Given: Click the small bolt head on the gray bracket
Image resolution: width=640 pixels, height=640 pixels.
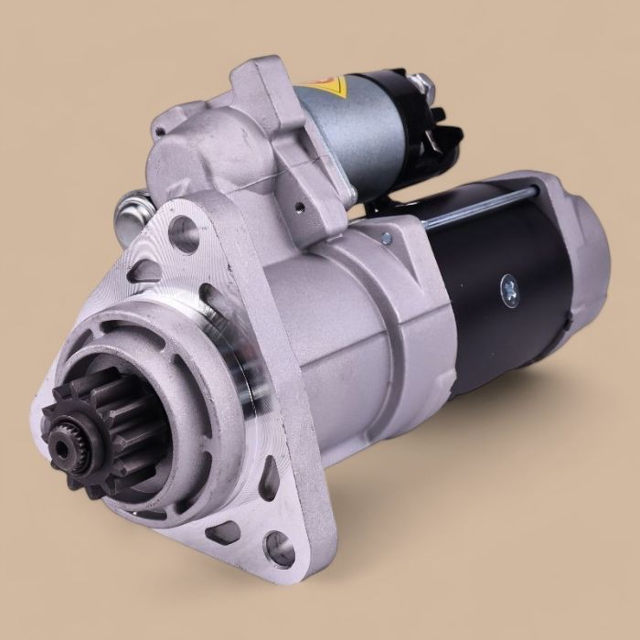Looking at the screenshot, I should click(388, 240).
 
